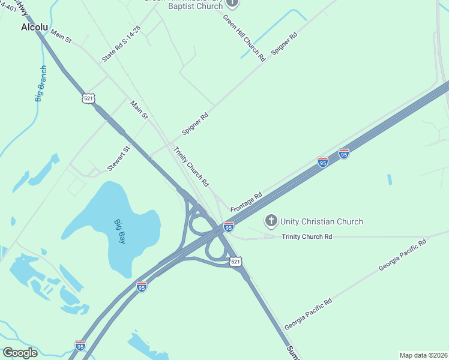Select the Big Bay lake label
(121, 232)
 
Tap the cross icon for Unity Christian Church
(271, 221)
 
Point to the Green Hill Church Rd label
(244, 38)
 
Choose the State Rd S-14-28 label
(121, 44)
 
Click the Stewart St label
(118, 159)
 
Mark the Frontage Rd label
(246, 202)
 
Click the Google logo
(20, 352)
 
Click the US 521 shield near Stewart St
(89, 99)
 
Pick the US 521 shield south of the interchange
(235, 262)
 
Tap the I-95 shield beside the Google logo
(80, 346)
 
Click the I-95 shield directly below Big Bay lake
(141, 286)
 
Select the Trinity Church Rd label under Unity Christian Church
(307, 237)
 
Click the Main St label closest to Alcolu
(61, 36)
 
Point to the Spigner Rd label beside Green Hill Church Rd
(285, 44)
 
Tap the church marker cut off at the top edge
(232, 3)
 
